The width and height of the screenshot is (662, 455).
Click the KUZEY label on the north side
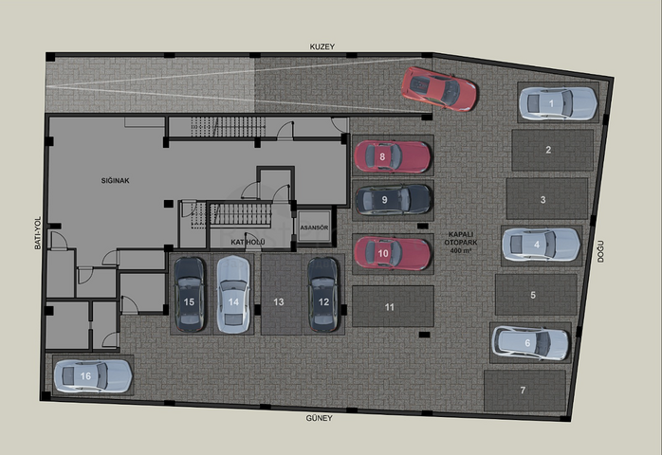click(322, 46)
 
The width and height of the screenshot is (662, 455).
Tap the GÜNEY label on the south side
click(320, 418)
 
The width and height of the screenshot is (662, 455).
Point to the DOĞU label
click(600, 251)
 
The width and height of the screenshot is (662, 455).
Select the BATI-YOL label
click(38, 233)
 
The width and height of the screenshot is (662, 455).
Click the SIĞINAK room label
click(116, 180)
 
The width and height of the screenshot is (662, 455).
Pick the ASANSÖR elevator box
click(314, 227)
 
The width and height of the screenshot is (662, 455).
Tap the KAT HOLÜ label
click(248, 243)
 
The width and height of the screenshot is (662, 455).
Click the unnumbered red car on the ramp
click(439, 89)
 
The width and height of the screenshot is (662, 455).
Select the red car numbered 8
click(393, 156)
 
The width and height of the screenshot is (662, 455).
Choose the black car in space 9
click(393, 200)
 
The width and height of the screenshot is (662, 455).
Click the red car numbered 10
click(393, 253)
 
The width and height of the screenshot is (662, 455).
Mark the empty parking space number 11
click(393, 306)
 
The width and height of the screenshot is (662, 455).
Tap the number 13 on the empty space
click(279, 301)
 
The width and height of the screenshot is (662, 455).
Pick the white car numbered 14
click(233, 294)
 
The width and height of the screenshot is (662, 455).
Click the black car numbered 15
click(190, 294)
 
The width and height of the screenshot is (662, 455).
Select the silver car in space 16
click(93, 375)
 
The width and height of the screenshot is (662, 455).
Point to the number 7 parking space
click(524, 391)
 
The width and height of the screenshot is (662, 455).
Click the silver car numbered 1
click(558, 103)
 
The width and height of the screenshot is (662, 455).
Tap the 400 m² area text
click(461, 250)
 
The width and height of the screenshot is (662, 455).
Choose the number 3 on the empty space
click(542, 200)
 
